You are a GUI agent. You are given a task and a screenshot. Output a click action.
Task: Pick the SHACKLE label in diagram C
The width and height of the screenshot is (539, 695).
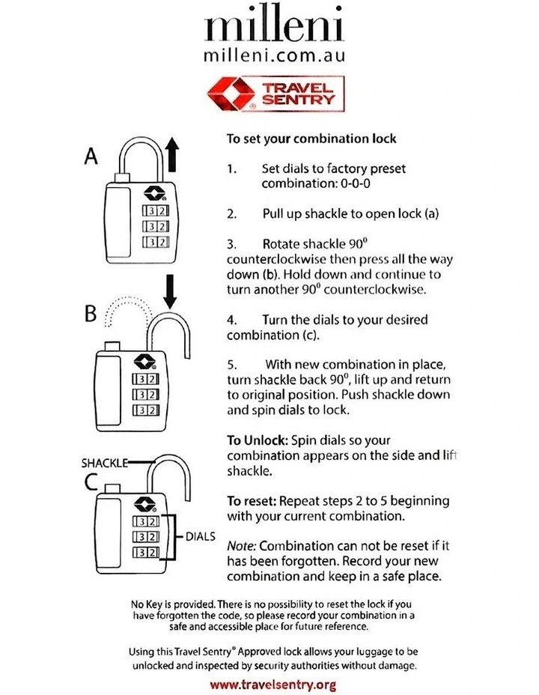(103, 463)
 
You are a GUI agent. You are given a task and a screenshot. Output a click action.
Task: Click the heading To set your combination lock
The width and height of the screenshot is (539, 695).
(311, 139)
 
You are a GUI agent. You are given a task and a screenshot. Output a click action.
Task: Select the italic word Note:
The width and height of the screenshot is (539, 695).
(241, 546)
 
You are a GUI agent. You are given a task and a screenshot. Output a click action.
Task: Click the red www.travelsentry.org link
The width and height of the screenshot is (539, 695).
(272, 684)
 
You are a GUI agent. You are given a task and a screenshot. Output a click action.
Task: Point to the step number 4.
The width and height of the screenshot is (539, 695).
(231, 320)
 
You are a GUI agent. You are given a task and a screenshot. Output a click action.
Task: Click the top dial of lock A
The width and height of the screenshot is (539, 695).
(154, 211)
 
